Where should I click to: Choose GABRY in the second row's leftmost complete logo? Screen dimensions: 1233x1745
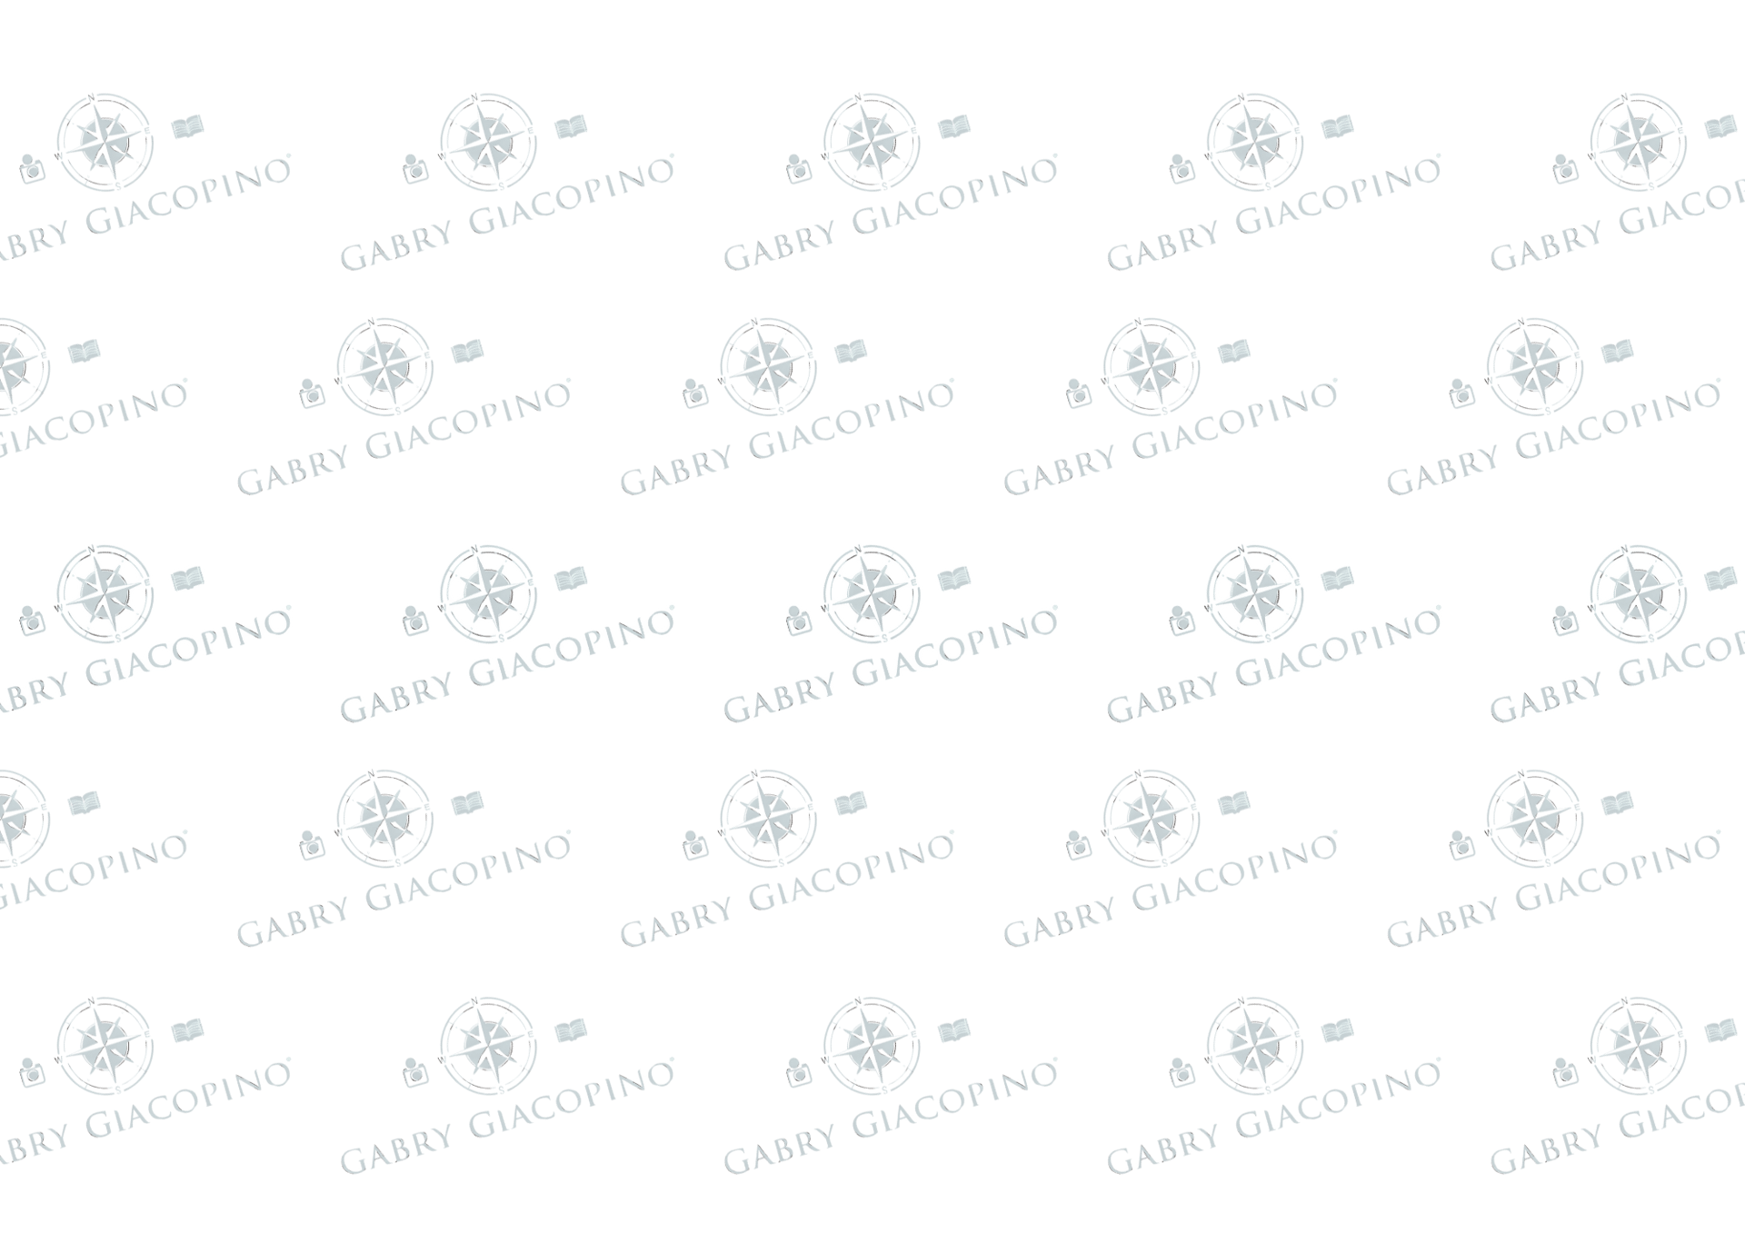click(x=280, y=477)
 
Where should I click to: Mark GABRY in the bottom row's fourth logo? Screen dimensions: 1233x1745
click(x=1150, y=1158)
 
